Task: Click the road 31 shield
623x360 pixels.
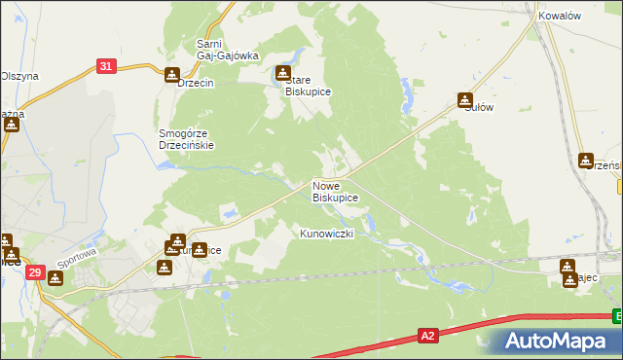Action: point(107,66)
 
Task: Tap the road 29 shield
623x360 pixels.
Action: point(34,274)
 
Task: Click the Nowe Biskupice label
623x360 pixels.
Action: point(335,191)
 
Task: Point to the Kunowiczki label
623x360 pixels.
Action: point(332,234)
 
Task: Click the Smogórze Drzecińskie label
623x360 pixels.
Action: point(186,139)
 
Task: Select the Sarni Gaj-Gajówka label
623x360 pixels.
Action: point(227,50)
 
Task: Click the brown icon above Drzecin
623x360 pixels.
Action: point(172,75)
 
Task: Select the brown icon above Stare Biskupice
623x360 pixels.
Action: point(283,72)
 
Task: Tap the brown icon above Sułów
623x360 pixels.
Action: point(466,99)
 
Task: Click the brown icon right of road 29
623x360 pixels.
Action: point(55,279)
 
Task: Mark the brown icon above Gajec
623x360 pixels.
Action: point(568,266)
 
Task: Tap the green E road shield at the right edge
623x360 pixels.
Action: point(617,315)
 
